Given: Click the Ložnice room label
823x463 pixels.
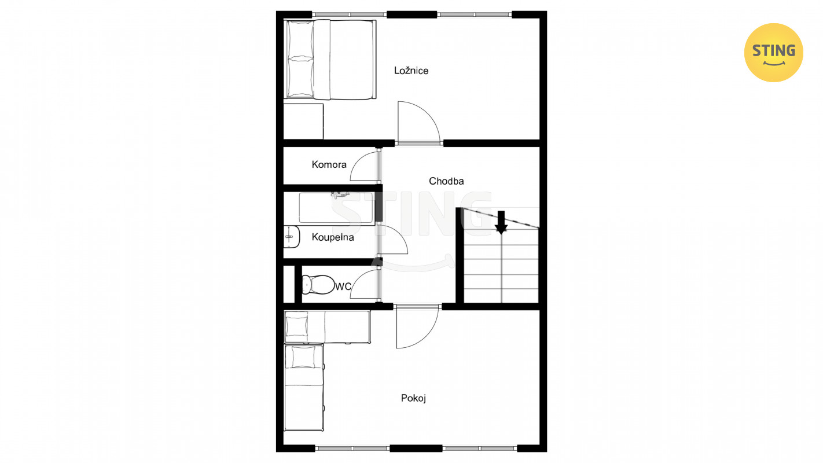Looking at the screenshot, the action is tap(411, 71).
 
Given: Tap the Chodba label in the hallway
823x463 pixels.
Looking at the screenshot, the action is tap(446, 181).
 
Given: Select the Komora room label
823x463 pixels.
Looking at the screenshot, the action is tap(329, 164).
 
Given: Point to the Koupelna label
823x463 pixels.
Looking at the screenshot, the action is tap(333, 237).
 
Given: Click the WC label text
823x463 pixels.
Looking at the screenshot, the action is tap(343, 286).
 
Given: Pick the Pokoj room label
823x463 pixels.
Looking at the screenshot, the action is tap(413, 398).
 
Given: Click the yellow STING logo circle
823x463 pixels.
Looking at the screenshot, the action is tap(773, 53).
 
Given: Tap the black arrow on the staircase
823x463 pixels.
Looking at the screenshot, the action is tap(501, 222).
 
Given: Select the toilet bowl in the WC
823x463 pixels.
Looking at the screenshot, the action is tap(317, 285).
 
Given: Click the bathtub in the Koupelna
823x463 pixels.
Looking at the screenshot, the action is tap(337, 208).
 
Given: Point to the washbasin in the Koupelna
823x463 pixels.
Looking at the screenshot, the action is tap(292, 237).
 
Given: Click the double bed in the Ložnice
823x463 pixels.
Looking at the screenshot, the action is tap(330, 59).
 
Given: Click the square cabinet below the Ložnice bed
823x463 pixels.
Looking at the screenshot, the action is tap(303, 122).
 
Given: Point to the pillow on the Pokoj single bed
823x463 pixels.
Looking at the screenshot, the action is tap(303, 357).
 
